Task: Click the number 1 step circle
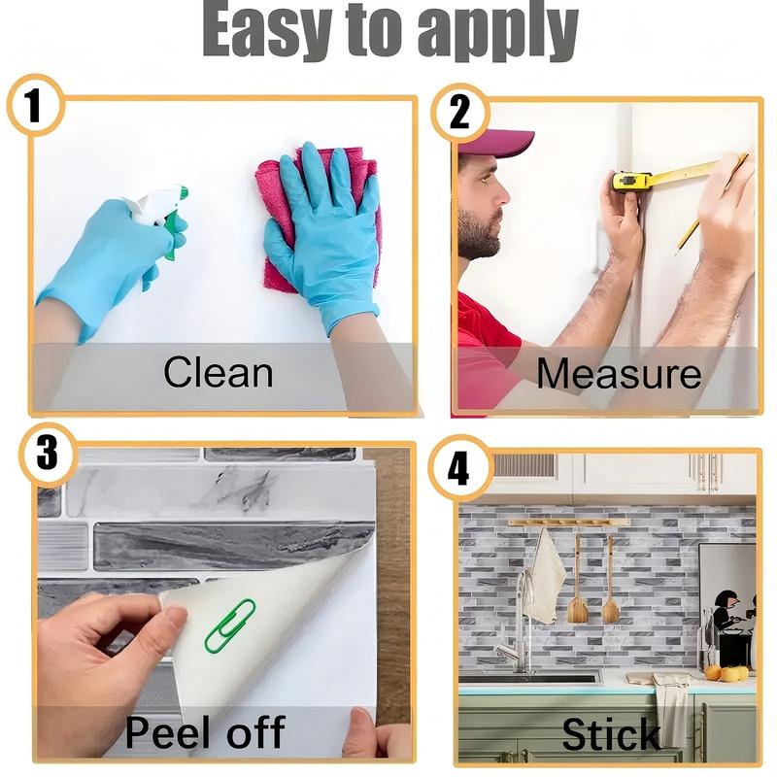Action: click(35, 105)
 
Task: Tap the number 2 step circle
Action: click(459, 113)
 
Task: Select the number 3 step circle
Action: click(48, 454)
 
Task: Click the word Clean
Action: click(218, 373)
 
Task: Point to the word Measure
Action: click(619, 374)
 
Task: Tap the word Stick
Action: click(611, 734)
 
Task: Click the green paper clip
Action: click(229, 625)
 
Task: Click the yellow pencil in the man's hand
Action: click(689, 236)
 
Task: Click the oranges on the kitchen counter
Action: click(726, 673)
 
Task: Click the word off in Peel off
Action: click(255, 731)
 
